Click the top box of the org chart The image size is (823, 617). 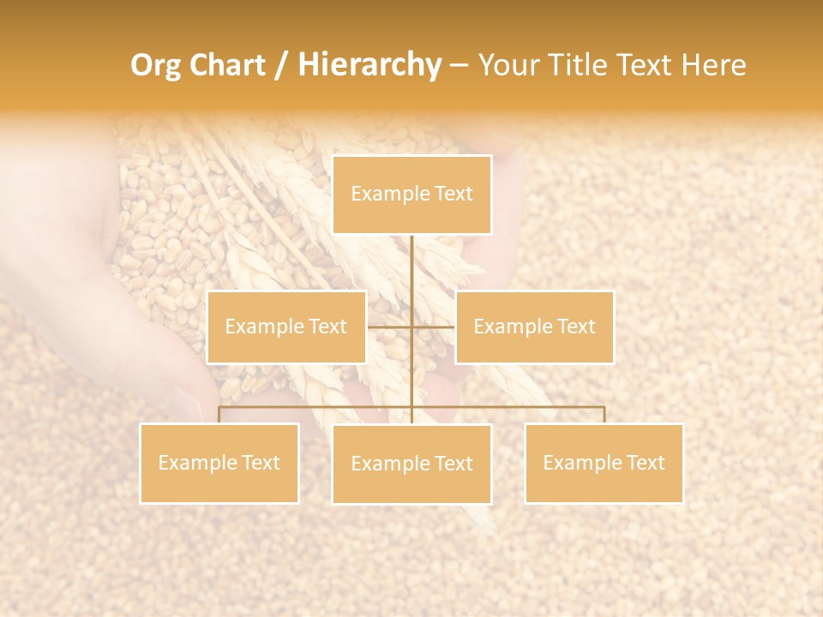(x=411, y=195)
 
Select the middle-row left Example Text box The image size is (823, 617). (x=286, y=326)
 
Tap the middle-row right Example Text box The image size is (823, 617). (x=534, y=326)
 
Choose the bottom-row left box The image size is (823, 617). (x=219, y=463)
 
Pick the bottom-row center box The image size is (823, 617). (x=411, y=464)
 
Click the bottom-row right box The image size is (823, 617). (x=604, y=463)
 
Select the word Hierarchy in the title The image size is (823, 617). (x=369, y=65)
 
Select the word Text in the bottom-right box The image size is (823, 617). (x=645, y=463)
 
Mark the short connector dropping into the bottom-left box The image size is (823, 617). (x=219, y=415)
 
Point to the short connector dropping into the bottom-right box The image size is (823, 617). (x=604, y=415)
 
